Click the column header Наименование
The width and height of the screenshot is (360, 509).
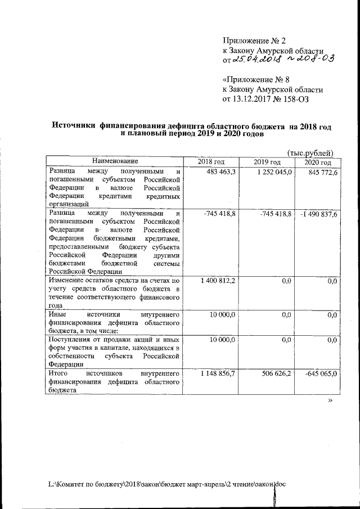pos(115,162)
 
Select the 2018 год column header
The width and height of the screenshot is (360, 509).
pos(211,163)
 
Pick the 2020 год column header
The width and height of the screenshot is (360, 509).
pos(318,163)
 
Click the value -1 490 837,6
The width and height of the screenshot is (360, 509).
pos(318,214)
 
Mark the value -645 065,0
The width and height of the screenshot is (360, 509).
pos(320,373)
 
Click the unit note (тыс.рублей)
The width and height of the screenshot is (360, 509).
pos(310,152)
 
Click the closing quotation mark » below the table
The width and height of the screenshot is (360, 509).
pos(330,401)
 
